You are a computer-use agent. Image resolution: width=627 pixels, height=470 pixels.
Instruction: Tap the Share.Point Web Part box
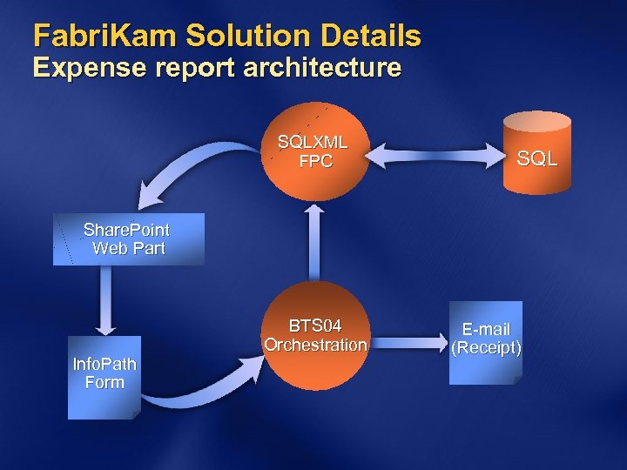click(x=128, y=238)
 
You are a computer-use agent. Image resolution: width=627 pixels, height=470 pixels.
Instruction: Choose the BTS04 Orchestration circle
click(x=315, y=336)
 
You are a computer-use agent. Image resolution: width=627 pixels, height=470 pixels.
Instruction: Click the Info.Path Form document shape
click(x=104, y=377)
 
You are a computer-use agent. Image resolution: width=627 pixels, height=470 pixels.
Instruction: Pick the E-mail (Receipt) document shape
click(x=486, y=341)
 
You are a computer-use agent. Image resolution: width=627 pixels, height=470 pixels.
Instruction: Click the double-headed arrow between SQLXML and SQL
click(x=435, y=158)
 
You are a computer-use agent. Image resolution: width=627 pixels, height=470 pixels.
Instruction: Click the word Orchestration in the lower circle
click(x=315, y=346)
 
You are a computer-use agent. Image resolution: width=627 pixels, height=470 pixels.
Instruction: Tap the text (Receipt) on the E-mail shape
click(x=486, y=348)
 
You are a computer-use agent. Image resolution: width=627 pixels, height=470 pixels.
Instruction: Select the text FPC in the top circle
click(x=315, y=161)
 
